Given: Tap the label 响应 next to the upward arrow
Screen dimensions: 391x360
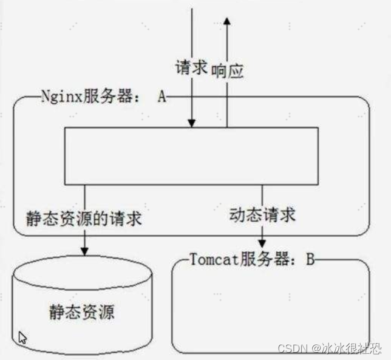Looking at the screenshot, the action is point(228,71).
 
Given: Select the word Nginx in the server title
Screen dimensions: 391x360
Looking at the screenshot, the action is point(59,97).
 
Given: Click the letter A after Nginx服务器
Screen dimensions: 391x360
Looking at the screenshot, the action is point(162,97).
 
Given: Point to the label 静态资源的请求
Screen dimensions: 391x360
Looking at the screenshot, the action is point(84,218).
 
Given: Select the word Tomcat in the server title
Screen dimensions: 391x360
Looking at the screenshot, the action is point(210,260).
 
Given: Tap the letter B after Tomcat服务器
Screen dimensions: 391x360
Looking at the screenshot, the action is point(310,260).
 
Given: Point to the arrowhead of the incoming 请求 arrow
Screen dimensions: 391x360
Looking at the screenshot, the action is point(192,123).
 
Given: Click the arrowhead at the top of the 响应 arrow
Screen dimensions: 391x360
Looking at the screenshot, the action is point(227,22).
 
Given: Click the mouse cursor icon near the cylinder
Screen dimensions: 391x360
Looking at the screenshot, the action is point(22,338).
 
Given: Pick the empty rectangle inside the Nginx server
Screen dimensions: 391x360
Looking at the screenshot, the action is point(191,155).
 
